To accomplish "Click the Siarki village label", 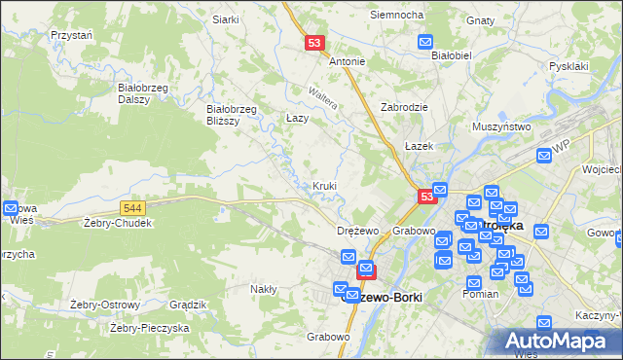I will [x=226, y=19].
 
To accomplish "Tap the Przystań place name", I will [x=71, y=34].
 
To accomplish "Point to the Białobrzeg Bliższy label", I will [x=232, y=115].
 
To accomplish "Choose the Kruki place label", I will [x=325, y=186].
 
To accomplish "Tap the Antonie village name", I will [x=348, y=61].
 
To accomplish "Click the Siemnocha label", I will [x=396, y=16].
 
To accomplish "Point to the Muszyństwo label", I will [x=500, y=126].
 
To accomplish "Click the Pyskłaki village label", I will [x=568, y=66].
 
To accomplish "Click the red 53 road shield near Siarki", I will [x=313, y=43].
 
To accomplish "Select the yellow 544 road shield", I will [x=134, y=208].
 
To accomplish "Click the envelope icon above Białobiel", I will [x=425, y=41].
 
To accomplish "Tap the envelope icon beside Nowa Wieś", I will [x=11, y=208].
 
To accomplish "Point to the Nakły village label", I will [x=264, y=289].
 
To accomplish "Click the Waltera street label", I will [x=322, y=97].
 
